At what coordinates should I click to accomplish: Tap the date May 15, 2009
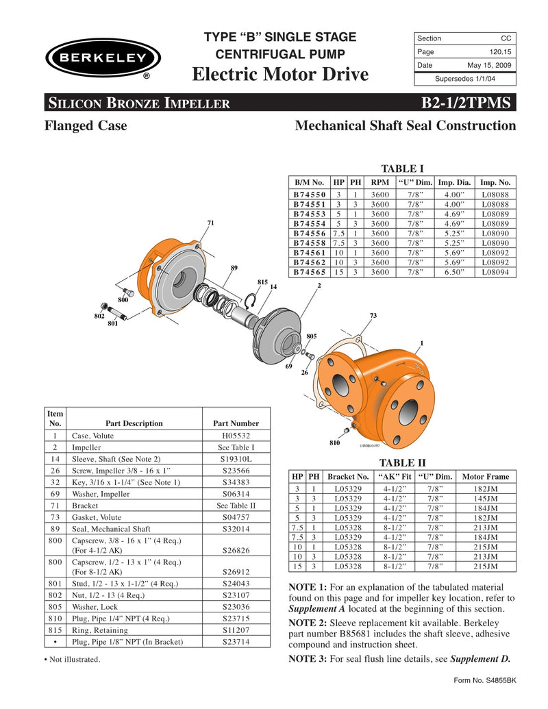pyautogui.click(x=489, y=65)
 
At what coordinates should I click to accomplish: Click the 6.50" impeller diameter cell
pyautogui.click(x=454, y=271)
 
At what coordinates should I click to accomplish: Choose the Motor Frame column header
pyautogui.click(x=486, y=476)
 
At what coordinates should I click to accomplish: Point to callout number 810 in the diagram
pyautogui.click(x=334, y=443)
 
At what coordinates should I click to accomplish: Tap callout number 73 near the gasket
pyautogui.click(x=373, y=315)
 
